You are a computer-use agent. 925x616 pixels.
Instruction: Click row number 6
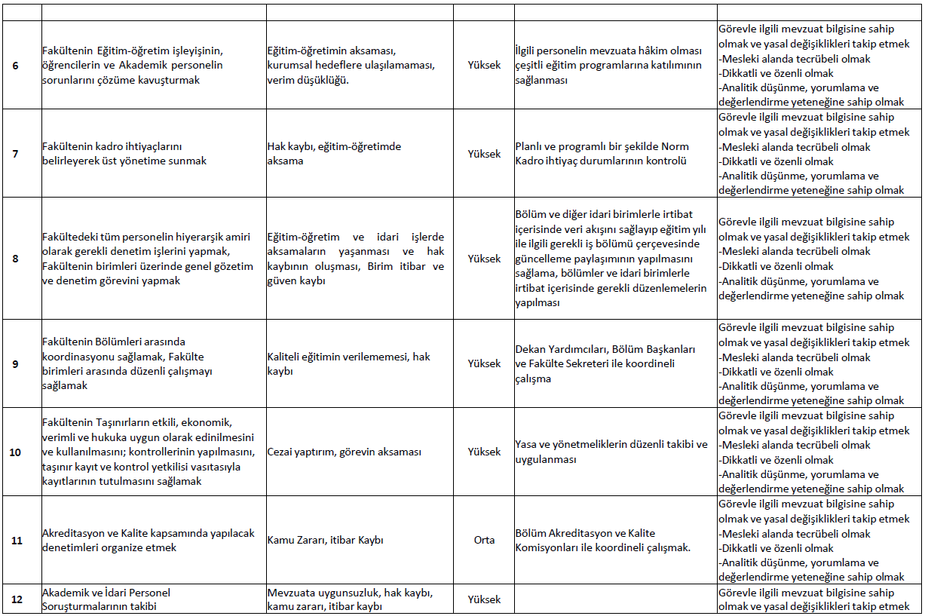coord(16,66)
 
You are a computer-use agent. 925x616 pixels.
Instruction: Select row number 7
coord(16,154)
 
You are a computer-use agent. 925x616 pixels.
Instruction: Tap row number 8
coord(16,259)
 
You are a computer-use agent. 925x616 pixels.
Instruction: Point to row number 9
coord(16,363)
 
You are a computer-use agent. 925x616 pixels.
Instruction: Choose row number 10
coord(16,452)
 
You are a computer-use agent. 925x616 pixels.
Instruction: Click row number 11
coord(16,541)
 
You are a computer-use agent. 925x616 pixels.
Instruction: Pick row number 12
coord(16,599)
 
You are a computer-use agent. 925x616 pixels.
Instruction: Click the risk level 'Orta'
coord(484,541)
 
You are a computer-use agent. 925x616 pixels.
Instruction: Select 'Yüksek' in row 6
coord(484,66)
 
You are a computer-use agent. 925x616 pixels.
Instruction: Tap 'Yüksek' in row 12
coord(484,599)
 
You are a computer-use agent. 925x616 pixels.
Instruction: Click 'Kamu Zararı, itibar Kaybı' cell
coord(326,541)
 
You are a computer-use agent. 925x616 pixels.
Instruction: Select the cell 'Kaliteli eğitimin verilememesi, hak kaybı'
coord(348,363)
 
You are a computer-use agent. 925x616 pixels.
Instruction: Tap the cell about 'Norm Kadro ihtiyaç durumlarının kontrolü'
coord(602,154)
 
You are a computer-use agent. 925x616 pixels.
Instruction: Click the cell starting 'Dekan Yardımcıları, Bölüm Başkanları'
coord(605,363)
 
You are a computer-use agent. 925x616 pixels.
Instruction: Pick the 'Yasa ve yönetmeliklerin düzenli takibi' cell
coord(611,452)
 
